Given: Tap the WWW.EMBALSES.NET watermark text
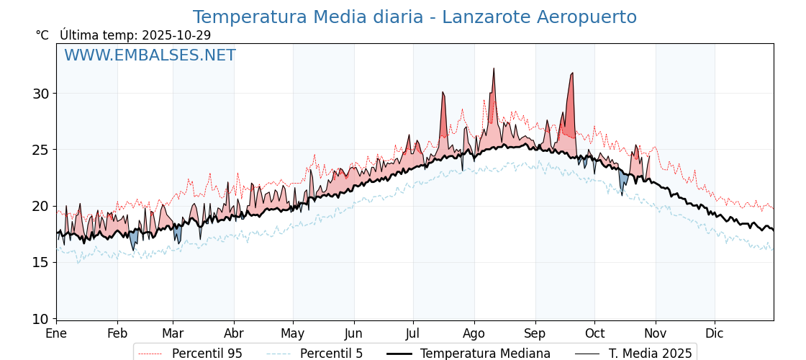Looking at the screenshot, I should [x=150, y=55].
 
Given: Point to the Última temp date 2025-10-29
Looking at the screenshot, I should [x=176, y=35].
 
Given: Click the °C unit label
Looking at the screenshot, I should [x=42, y=35].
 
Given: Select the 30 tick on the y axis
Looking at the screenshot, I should [x=40, y=94].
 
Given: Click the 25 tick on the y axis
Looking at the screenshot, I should [x=40, y=150].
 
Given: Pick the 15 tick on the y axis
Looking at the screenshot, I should [x=40, y=262].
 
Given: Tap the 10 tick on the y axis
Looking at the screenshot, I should [x=40, y=318].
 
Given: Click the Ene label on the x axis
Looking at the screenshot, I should [x=56, y=333].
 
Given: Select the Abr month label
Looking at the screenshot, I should [x=234, y=333].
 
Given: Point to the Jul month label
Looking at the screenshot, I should [x=413, y=333].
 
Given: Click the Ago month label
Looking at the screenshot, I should [x=474, y=333].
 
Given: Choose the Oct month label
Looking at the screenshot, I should [x=594, y=333].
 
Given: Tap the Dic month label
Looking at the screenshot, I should [x=715, y=333].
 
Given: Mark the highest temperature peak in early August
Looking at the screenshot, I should [x=494, y=69].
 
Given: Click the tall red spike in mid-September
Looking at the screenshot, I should [x=572, y=73].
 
